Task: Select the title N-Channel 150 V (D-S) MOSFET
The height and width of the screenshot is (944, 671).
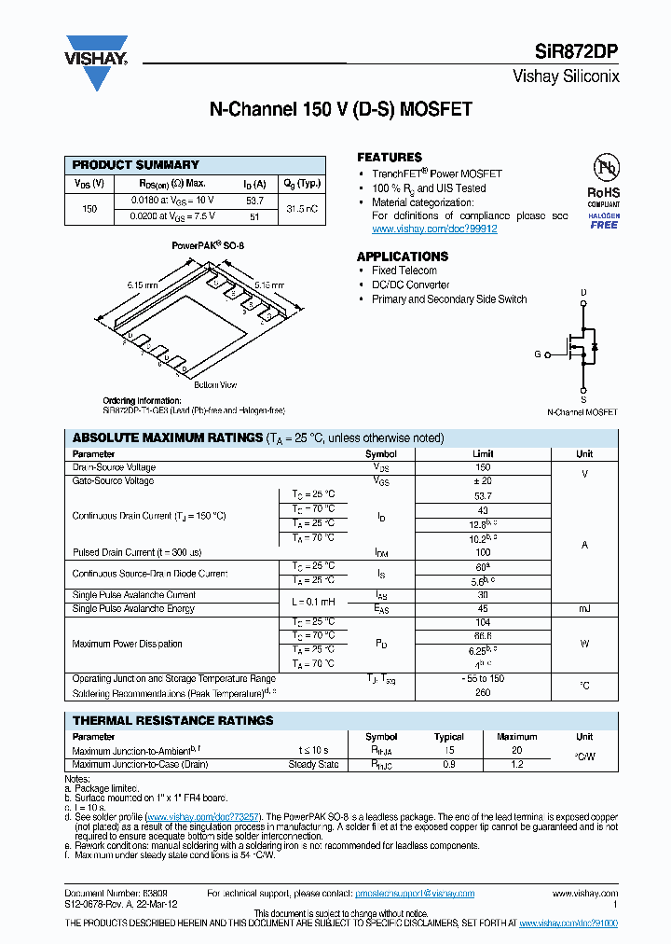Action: (340, 109)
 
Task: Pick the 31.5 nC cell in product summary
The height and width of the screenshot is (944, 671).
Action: (301, 208)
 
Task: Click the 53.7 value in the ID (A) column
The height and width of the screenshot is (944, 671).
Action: (254, 201)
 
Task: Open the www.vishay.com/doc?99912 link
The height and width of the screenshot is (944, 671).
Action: (434, 229)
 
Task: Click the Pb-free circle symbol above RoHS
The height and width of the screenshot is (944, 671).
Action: (607, 169)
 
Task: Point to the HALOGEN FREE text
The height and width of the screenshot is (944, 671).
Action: (604, 220)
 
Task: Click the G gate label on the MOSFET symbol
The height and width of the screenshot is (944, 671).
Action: (537, 354)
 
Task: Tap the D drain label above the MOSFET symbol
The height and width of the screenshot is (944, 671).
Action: (583, 293)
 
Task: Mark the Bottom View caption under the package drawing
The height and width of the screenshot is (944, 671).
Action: (215, 384)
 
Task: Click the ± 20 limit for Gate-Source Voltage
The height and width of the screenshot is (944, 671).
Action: (482, 481)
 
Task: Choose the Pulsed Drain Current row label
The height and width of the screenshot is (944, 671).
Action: (137, 552)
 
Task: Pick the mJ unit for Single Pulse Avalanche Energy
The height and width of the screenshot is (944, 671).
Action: (583, 608)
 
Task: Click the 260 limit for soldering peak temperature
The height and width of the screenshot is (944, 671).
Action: (482, 693)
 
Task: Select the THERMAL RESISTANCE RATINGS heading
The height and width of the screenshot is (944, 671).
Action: (173, 720)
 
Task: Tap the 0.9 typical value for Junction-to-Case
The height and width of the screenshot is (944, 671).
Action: (448, 764)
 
